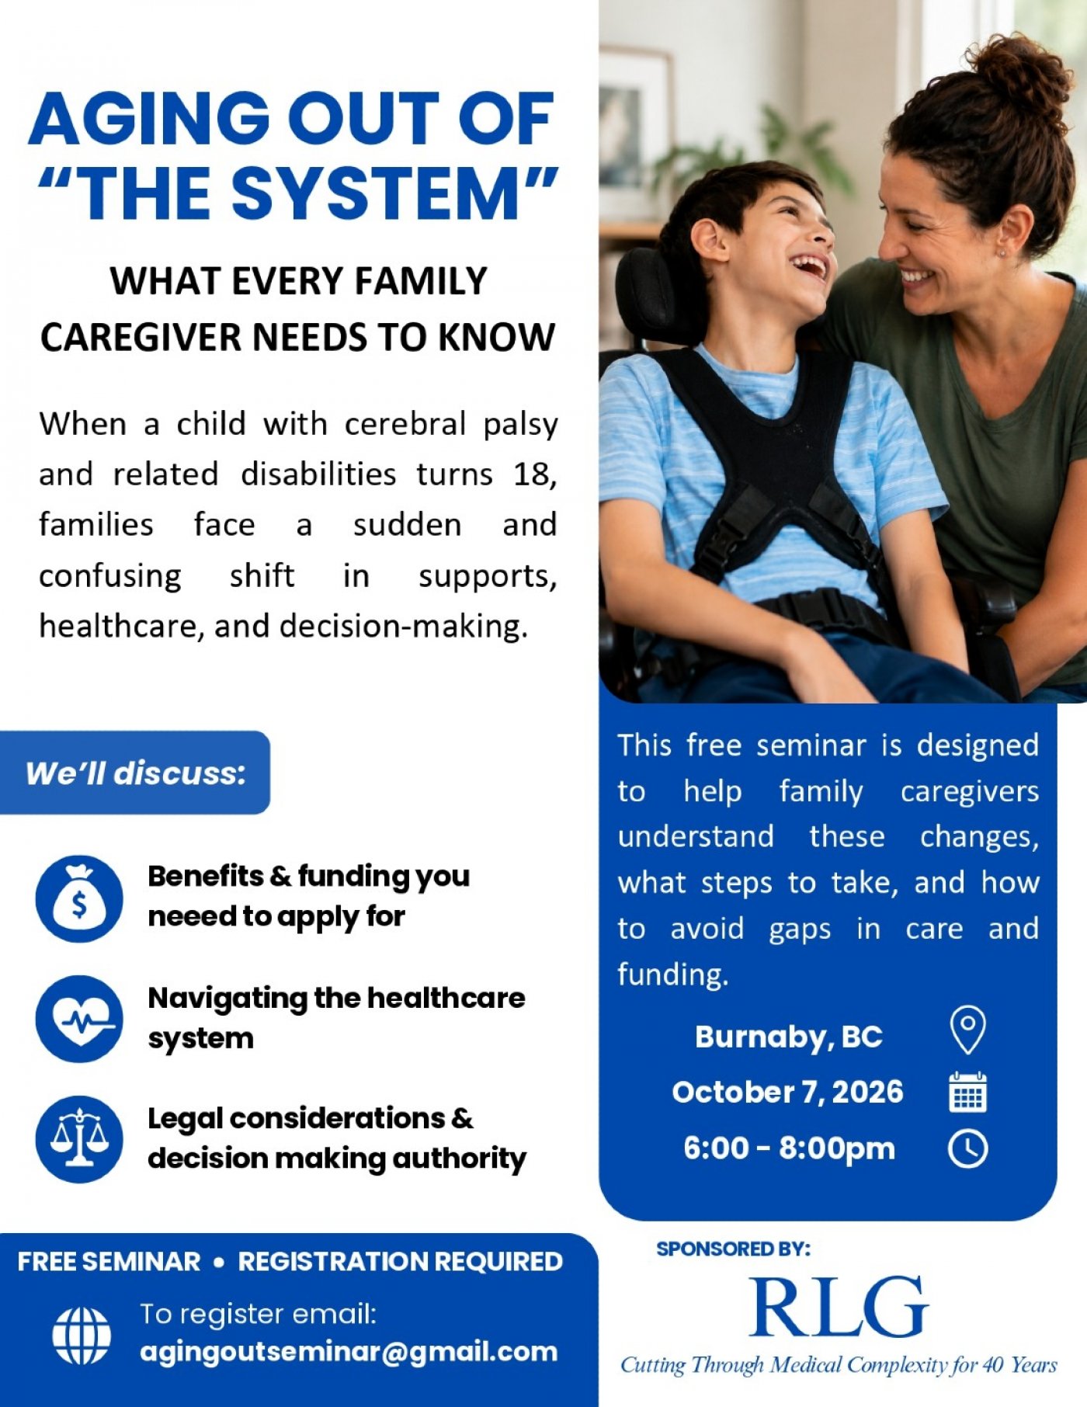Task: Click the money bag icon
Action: tap(79, 898)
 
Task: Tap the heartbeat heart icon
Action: tap(79, 1019)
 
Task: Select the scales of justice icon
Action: tap(79, 1139)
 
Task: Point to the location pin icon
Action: tap(967, 1030)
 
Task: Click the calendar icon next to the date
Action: tap(968, 1092)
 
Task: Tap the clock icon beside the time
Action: tap(968, 1148)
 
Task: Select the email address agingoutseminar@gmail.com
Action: tap(349, 1353)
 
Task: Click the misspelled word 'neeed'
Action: tap(191, 916)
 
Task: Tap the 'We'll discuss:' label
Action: tap(135, 773)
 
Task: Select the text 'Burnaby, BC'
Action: tap(789, 1037)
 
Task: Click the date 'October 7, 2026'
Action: tap(788, 1092)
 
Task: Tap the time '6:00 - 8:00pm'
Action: tap(789, 1148)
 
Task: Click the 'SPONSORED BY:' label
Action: tap(733, 1249)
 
